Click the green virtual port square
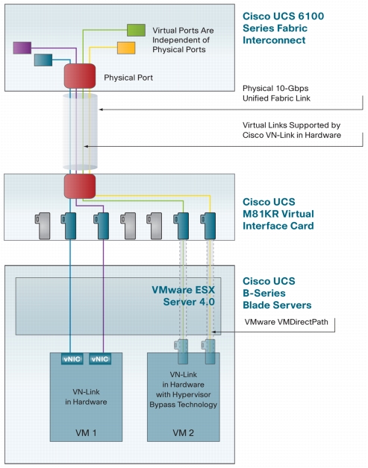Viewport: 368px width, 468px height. click(x=137, y=30)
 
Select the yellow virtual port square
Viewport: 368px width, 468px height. click(x=126, y=48)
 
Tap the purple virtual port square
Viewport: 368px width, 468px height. click(x=22, y=48)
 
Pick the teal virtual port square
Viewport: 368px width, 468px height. click(x=43, y=60)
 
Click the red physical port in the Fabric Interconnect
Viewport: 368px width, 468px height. click(x=80, y=76)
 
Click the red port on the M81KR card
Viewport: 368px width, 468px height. click(x=80, y=186)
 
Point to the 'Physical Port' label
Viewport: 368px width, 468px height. click(x=128, y=78)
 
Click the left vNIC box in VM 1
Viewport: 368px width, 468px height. click(x=72, y=358)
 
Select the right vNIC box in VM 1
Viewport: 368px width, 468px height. click(x=100, y=358)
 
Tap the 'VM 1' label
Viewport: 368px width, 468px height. click(x=86, y=432)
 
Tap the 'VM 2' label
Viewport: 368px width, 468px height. click(x=183, y=432)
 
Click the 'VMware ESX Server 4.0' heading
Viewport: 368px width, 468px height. click(x=183, y=296)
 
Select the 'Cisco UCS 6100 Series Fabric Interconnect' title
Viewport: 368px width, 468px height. click(x=283, y=28)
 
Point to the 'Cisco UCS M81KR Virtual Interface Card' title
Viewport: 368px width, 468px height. click(x=278, y=214)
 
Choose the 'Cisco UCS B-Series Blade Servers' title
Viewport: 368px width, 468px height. click(x=277, y=293)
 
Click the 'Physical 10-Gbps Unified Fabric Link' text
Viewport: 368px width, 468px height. click(x=276, y=93)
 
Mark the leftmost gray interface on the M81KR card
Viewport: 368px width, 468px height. click(x=43, y=226)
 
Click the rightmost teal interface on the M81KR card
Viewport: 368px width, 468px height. click(x=208, y=226)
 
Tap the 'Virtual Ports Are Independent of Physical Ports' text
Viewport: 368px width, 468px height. click(x=183, y=40)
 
